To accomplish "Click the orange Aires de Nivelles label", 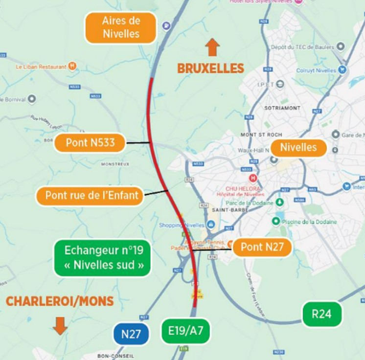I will (x=121, y=27).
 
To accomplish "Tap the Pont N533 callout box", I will (x=90, y=143).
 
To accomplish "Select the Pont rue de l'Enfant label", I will (x=90, y=196).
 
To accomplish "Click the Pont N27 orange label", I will (x=262, y=247).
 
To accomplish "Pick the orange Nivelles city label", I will (x=298, y=147).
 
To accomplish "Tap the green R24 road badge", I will (x=321, y=314).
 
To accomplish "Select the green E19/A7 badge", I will (x=185, y=331).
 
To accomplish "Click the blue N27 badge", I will (x=131, y=335).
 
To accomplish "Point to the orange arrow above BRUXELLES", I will (x=212, y=47).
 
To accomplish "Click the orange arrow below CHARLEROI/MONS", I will (x=60, y=325).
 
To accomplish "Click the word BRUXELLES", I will (x=210, y=68).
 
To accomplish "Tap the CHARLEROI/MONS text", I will (x=60, y=301).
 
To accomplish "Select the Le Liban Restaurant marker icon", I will (x=72, y=66).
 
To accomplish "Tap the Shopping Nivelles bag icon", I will (x=211, y=225).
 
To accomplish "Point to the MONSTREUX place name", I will (x=115, y=164).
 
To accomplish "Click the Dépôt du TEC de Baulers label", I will (x=302, y=47).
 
